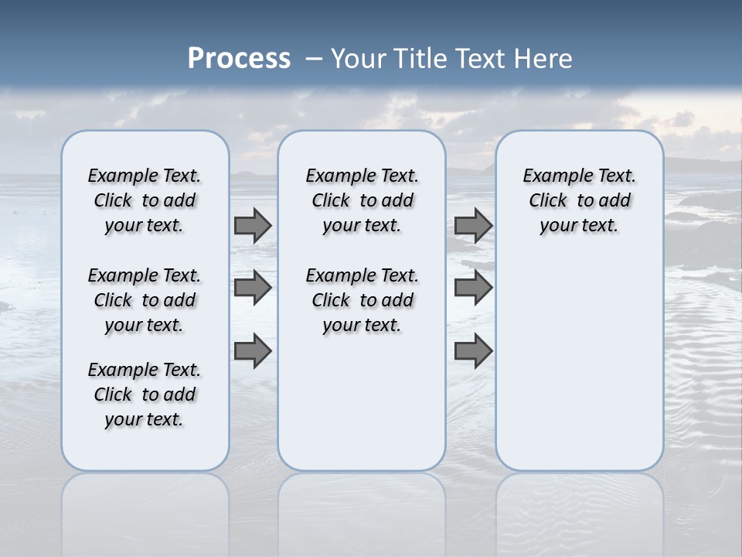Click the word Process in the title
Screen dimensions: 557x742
pos(239,59)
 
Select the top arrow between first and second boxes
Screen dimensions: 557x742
pos(253,225)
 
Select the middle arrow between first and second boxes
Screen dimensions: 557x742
pos(253,288)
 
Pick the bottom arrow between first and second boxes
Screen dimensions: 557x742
pos(253,351)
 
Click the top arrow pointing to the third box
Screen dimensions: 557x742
pos(473,225)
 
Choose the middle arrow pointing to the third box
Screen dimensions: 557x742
pos(473,288)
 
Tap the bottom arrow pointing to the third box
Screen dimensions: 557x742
pos(473,351)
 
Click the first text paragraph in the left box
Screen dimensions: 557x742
pos(145,200)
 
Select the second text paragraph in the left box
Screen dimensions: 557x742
pos(145,300)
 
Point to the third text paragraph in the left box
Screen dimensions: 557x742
pos(145,395)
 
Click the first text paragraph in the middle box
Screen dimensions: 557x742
pos(362,200)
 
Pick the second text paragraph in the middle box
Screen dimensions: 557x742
pos(362,300)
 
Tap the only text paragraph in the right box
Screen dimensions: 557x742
pos(579,200)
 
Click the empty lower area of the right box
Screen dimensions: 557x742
pos(579,364)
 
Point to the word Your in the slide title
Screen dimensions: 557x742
pos(359,59)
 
